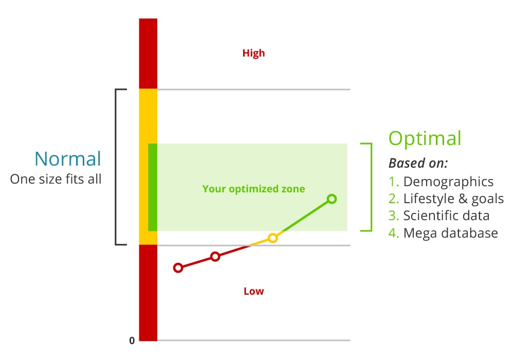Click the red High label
253,53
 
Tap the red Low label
253,291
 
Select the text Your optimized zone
253,189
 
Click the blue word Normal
68,158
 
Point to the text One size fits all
56,179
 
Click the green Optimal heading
425,138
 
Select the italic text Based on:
418,163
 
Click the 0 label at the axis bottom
132,340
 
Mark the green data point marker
332,199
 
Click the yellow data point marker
273,238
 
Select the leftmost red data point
178,267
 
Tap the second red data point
215,257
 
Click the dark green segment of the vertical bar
152,187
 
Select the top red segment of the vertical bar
148,53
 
